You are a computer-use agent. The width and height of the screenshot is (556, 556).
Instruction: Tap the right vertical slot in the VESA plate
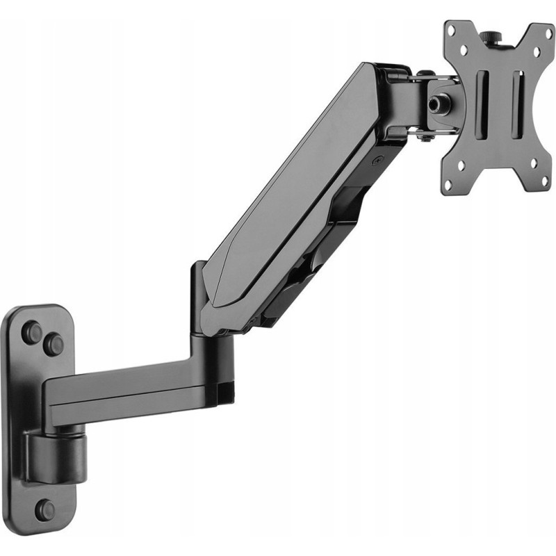click(518, 104)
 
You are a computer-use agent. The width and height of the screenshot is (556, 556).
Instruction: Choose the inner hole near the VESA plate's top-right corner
click(534, 50)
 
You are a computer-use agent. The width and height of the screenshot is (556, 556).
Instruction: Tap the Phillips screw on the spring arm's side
click(377, 160)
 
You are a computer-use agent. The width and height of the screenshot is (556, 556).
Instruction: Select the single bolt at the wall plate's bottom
click(47, 509)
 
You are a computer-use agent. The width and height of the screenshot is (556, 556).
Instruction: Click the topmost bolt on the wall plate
click(31, 329)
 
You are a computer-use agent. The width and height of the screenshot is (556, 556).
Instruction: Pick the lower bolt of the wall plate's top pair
click(54, 343)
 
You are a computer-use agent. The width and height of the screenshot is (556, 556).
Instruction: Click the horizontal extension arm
click(132, 396)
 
